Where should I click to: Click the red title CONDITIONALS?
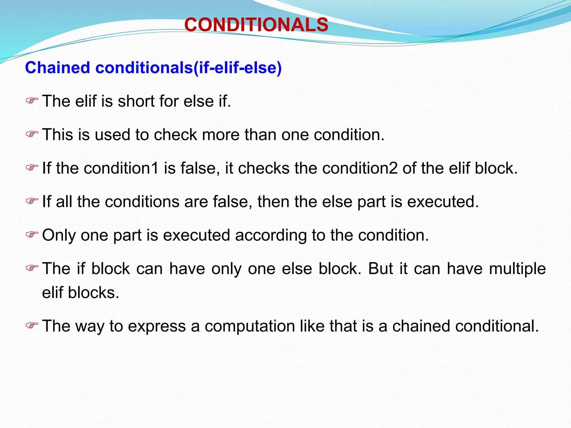(x=256, y=25)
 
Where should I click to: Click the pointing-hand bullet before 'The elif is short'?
(x=32, y=101)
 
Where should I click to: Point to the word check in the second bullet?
(x=176, y=135)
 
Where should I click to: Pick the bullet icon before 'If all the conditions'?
(x=32, y=201)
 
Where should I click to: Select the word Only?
(x=59, y=235)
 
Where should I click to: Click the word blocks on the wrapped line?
(x=93, y=293)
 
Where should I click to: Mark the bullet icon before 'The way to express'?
(x=32, y=325)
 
